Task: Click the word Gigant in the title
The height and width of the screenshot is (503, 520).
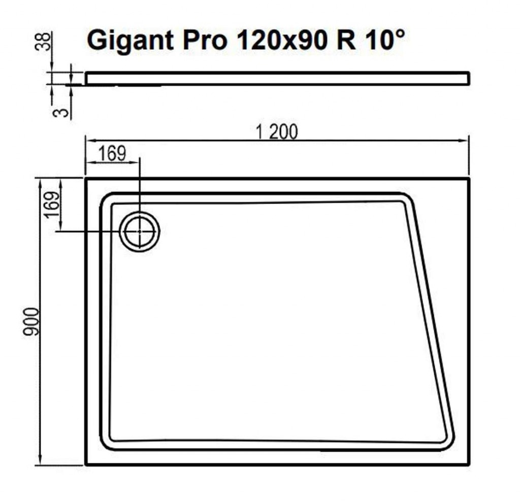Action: (131, 41)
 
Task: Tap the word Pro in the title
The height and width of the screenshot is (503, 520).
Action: (205, 40)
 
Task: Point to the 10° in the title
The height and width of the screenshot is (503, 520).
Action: (385, 40)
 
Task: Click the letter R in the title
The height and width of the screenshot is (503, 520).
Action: (346, 40)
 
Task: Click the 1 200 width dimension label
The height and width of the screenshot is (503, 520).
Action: (277, 132)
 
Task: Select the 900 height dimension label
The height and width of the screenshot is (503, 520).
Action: (31, 322)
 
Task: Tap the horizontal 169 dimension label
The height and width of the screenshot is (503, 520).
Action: (112, 153)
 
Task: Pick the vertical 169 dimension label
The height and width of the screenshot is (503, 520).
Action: (53, 205)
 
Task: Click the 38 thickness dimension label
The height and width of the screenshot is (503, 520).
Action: (43, 42)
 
